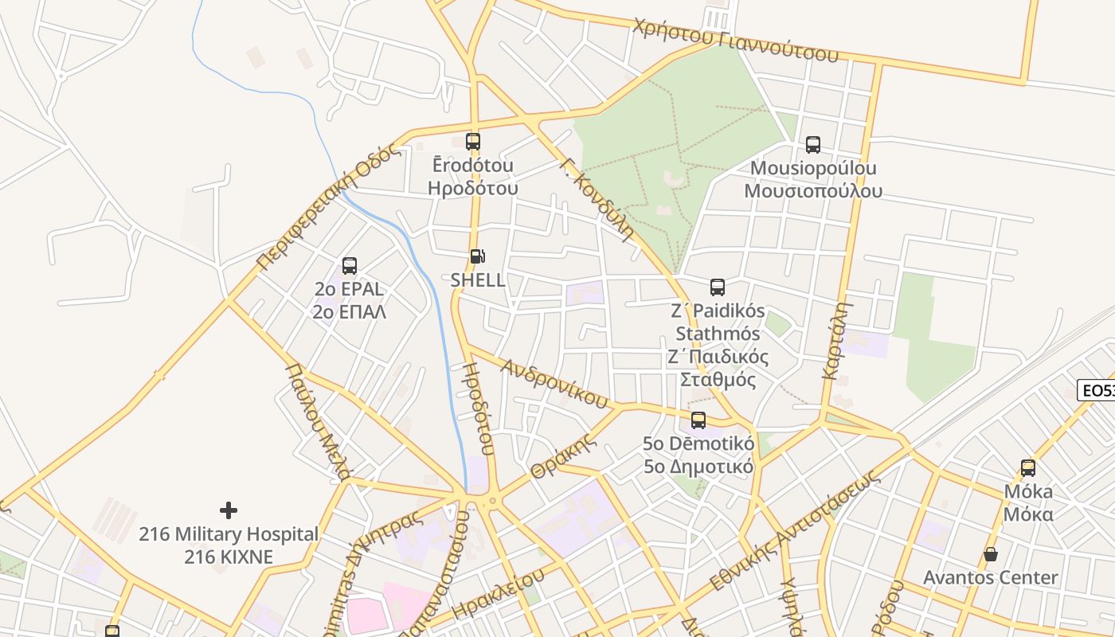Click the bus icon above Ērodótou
[x=473, y=142]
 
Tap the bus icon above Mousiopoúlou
[x=812, y=145]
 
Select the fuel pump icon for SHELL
[x=477, y=256]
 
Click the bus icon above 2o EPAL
[x=350, y=266]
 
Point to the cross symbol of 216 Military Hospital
[x=229, y=510]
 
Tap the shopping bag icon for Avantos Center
[x=991, y=554]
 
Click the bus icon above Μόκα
[x=1028, y=468]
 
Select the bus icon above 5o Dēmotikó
[x=698, y=420]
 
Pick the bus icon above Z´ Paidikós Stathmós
[x=718, y=287]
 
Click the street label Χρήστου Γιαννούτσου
[x=736, y=40]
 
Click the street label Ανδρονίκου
[x=555, y=382]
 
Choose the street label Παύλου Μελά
[x=318, y=422]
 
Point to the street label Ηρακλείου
[x=498, y=593]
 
